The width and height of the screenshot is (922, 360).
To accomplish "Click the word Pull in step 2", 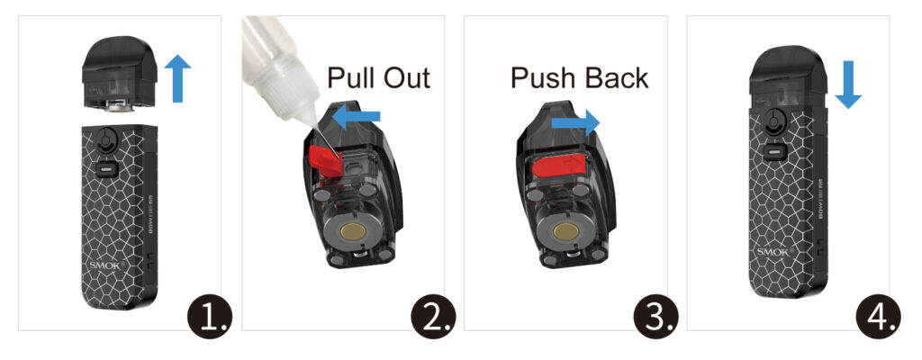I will (x=355, y=77).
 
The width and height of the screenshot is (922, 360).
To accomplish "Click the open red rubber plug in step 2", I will (x=325, y=158).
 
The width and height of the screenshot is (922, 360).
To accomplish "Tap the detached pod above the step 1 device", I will (x=122, y=76).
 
